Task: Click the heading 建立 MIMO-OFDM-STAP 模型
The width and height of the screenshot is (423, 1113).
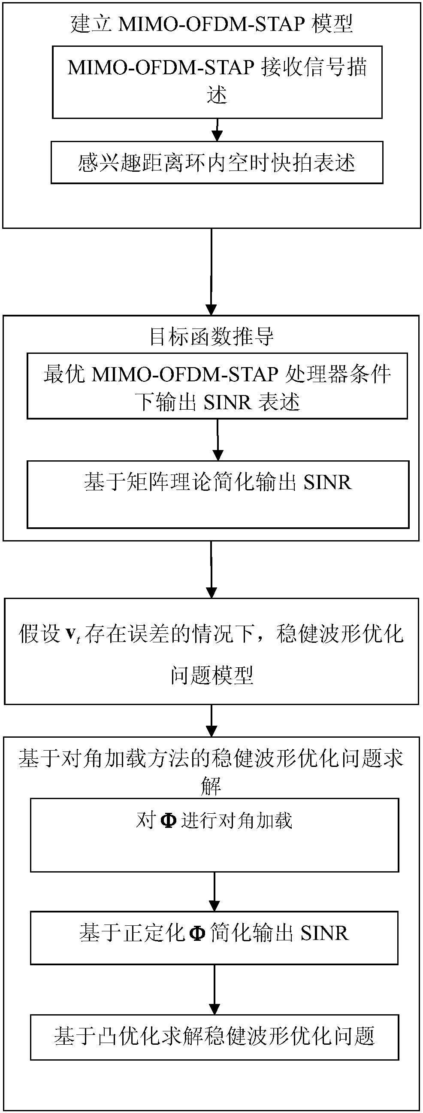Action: click(x=211, y=24)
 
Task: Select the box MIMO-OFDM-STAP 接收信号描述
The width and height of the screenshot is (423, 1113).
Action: click(x=217, y=82)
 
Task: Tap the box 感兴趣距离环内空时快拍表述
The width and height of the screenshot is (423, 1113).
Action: click(x=217, y=162)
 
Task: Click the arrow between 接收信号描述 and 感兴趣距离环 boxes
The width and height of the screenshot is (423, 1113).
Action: click(x=217, y=130)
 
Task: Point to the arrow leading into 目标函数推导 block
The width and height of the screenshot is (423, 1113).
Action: click(x=211, y=272)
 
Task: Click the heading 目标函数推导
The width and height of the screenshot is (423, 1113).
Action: click(x=211, y=337)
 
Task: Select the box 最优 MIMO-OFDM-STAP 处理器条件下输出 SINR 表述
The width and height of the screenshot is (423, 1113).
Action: click(x=217, y=386)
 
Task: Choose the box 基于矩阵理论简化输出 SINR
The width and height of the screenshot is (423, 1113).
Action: click(x=218, y=494)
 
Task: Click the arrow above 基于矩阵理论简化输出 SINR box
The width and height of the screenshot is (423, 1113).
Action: click(x=218, y=440)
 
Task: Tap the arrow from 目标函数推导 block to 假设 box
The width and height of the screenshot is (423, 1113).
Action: click(x=211, y=569)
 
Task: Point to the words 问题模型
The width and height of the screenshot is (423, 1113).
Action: click(x=211, y=675)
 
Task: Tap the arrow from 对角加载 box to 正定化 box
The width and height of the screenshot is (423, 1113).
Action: click(x=215, y=892)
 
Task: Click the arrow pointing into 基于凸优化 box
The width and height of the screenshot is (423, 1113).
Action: click(x=215, y=989)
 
